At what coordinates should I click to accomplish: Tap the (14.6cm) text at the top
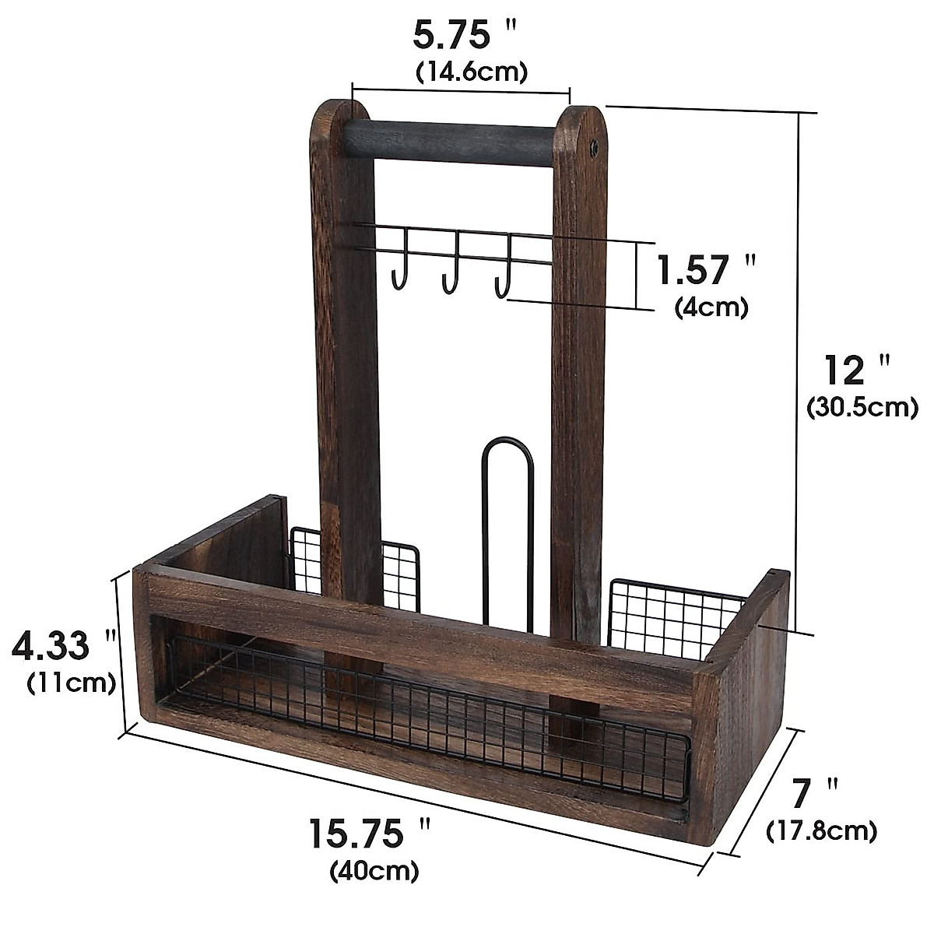pyautogui.click(x=472, y=72)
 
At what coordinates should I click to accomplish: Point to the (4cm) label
pyautogui.click(x=711, y=307)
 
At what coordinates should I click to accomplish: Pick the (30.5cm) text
pyautogui.click(x=862, y=406)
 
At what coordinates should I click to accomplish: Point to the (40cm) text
pyautogui.click(x=374, y=869)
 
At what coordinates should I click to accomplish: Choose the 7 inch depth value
pyautogui.click(x=814, y=795)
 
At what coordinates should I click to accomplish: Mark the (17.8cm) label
pyautogui.click(x=822, y=830)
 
